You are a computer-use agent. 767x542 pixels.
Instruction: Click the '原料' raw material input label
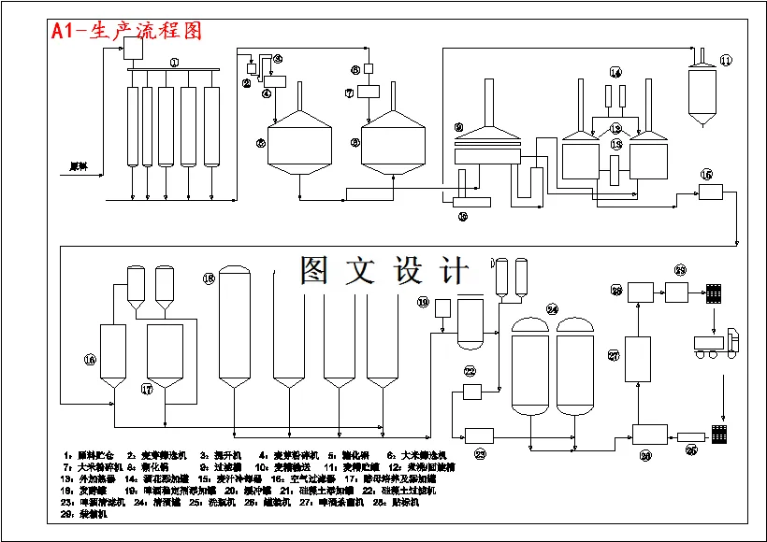pyautogui.click(x=79, y=167)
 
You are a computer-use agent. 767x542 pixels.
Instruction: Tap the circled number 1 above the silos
pyautogui.click(x=174, y=62)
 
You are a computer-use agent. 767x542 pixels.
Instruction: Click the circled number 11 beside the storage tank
pyautogui.click(x=727, y=61)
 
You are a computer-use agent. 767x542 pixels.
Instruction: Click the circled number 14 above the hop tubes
pyautogui.click(x=615, y=72)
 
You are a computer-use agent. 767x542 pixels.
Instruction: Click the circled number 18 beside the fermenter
pyautogui.click(x=209, y=278)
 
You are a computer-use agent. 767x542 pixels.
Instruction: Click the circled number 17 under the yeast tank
pyautogui.click(x=147, y=388)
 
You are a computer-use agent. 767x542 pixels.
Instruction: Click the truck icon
pyautogui.click(x=716, y=344)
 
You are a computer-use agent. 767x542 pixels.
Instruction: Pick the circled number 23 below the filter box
pyautogui.click(x=480, y=454)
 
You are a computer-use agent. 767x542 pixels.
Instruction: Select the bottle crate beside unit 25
pyautogui.click(x=719, y=435)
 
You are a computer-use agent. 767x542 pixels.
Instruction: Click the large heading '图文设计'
pyautogui.click(x=383, y=270)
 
